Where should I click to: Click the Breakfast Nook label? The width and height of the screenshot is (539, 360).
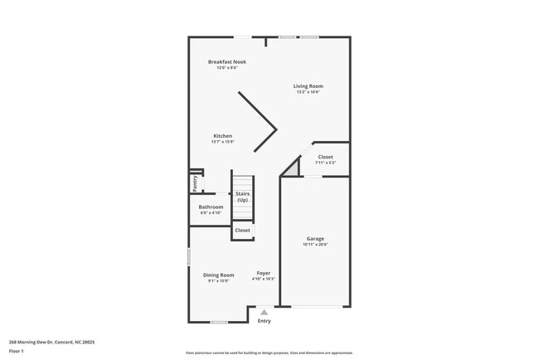click(226, 61)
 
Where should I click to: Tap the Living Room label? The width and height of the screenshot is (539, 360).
click(308, 85)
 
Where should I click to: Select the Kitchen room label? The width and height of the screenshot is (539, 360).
click(222, 136)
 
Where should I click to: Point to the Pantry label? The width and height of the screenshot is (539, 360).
click(195, 182)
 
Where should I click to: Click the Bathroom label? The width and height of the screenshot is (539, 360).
click(211, 207)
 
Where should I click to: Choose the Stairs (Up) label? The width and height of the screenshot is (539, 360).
click(242, 197)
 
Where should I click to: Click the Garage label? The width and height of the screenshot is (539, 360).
click(315, 238)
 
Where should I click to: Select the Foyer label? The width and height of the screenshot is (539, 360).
click(264, 273)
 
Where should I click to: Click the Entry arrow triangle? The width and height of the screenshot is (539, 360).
click(264, 312)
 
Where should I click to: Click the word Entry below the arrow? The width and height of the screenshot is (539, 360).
click(264, 321)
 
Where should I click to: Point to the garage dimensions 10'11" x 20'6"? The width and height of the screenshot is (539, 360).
click(315, 245)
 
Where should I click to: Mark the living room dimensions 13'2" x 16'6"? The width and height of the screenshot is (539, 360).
click(308, 92)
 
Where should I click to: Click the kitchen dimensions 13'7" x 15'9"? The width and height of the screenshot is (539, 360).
click(222, 142)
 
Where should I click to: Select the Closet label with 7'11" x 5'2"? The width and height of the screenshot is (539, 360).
click(325, 157)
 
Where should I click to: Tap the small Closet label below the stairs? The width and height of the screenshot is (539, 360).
click(242, 230)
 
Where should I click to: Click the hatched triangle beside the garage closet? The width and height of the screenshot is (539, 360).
click(291, 168)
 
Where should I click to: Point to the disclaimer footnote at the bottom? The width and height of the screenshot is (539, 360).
click(269, 353)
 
